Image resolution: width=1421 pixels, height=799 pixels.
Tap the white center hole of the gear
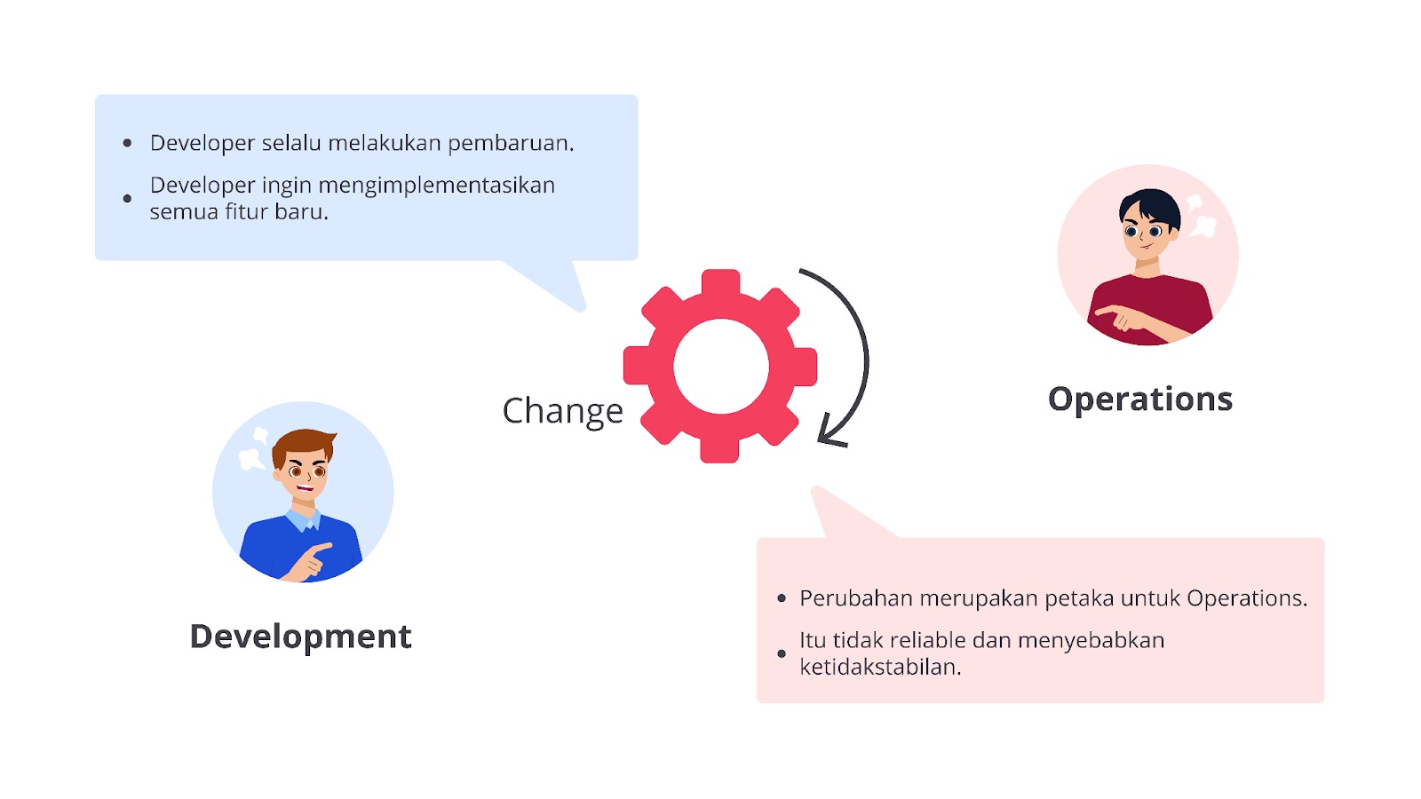720,366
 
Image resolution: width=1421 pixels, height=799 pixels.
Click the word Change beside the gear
562,411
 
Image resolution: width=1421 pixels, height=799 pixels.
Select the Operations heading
1139,399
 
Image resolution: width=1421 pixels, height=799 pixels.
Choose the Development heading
300,637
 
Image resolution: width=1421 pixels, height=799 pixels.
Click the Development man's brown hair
302,442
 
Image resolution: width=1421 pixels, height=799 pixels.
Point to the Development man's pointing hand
311,559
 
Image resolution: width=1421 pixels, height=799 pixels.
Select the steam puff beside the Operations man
1201,218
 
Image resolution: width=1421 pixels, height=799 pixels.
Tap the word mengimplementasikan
436,186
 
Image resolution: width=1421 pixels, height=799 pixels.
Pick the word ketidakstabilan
879,667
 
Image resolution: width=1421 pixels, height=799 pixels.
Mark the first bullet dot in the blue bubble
128,143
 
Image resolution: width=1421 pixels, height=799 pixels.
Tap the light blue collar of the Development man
304,519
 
